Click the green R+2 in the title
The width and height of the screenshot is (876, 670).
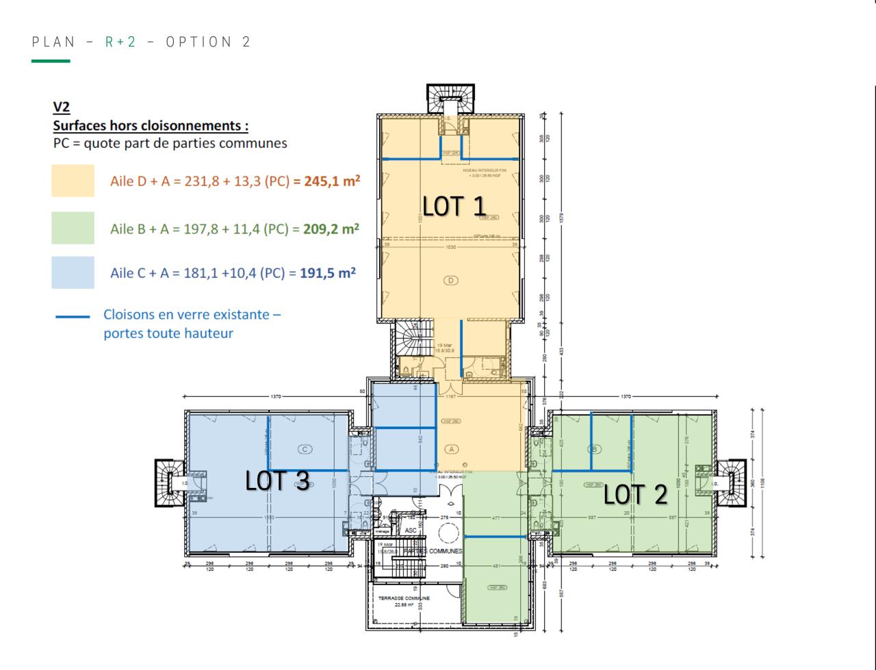[x=120, y=42]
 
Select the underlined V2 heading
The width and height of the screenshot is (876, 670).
[x=62, y=107]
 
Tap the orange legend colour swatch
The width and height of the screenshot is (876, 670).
[x=73, y=181]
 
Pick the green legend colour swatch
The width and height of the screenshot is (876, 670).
[x=73, y=228]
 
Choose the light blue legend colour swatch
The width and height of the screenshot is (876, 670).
[x=73, y=272]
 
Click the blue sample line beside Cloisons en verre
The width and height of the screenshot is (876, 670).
[x=73, y=317]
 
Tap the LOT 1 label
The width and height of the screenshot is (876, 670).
[x=454, y=206]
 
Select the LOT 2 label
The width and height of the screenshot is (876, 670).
[x=634, y=494]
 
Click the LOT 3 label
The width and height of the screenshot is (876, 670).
[x=277, y=481]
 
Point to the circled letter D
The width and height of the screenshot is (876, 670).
[x=450, y=280]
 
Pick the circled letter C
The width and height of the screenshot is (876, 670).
[x=305, y=449]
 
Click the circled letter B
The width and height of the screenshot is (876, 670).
[x=595, y=449]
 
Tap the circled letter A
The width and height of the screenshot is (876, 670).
[x=450, y=449]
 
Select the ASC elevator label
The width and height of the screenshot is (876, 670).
[x=411, y=530]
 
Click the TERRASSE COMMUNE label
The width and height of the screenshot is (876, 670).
[x=404, y=597]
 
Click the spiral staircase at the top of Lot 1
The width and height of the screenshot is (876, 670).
[x=450, y=99]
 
